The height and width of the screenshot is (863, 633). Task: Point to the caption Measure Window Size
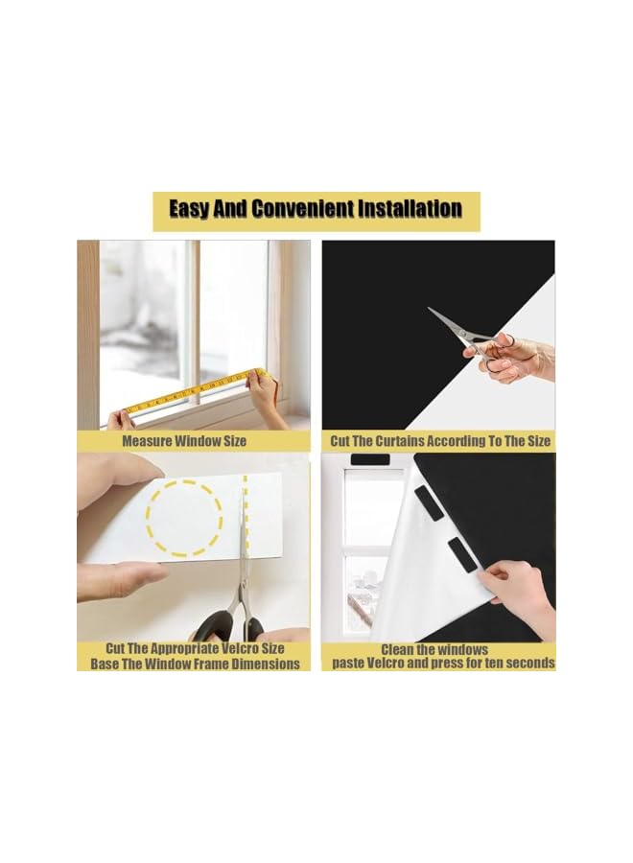(x=184, y=441)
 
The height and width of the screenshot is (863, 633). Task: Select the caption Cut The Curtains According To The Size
(x=440, y=441)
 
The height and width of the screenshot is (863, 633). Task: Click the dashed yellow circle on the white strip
(x=184, y=518)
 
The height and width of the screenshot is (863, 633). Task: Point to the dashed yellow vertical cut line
(x=246, y=513)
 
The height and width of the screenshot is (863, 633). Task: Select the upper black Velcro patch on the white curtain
(x=429, y=502)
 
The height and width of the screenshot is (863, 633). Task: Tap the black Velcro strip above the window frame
(x=370, y=459)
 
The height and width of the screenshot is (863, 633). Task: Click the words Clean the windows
(x=434, y=649)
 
